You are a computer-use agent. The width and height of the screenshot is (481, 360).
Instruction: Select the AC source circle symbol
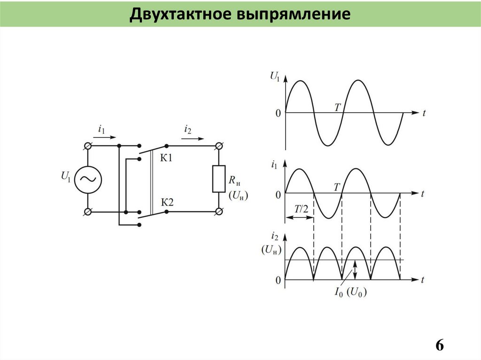point(87,179)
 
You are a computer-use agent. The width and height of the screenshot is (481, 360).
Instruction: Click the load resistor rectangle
point(218,178)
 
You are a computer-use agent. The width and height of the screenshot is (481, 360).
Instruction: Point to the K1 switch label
point(167,158)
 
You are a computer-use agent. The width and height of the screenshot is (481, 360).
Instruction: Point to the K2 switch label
point(167,202)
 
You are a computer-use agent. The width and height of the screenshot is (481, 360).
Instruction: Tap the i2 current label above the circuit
point(188,129)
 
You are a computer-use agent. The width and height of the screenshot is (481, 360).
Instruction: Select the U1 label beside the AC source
point(66,176)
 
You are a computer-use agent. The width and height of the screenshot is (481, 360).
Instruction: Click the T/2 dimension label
point(301,209)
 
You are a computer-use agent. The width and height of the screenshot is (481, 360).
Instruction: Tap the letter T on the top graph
point(337,107)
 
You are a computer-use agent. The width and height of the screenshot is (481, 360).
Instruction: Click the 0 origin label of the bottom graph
point(278,280)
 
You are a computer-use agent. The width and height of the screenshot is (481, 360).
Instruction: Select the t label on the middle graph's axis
point(423,193)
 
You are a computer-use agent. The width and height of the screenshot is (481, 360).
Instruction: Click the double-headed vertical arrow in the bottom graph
point(356,270)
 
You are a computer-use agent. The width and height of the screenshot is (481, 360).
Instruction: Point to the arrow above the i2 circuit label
point(193,138)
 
